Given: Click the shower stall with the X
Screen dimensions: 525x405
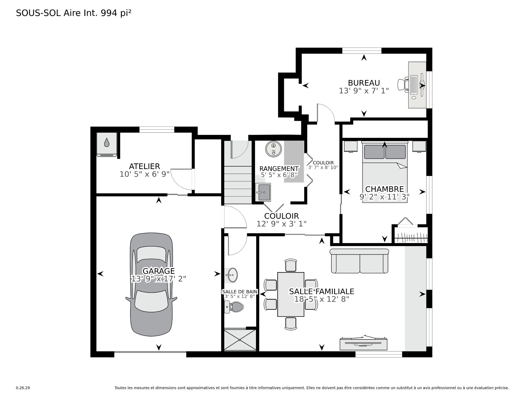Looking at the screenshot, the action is pyautogui.click(x=240, y=340).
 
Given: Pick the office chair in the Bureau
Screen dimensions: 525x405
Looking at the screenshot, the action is pyautogui.click(x=403, y=84).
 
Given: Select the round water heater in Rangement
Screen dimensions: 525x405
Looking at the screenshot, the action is pyautogui.click(x=273, y=149).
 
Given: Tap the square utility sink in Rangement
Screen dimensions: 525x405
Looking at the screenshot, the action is pyautogui.click(x=263, y=192).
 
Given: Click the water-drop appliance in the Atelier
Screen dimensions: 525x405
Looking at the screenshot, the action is pyautogui.click(x=107, y=145).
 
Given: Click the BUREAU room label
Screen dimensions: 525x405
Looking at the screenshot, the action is pyautogui.click(x=364, y=82).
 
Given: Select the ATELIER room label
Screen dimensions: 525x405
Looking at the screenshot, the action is pyautogui.click(x=144, y=166).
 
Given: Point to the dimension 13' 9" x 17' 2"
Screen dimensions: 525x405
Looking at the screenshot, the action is pyautogui.click(x=159, y=279).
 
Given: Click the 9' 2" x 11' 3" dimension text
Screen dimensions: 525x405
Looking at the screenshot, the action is pyautogui.click(x=384, y=197).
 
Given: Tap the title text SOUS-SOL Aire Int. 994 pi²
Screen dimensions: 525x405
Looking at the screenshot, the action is pyautogui.click(x=74, y=13).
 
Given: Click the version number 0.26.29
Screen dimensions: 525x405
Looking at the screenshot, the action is pyautogui.click(x=23, y=388).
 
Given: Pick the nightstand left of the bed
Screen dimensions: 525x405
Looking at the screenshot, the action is pyautogui.click(x=351, y=146).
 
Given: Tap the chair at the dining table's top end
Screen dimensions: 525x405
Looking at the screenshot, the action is pyautogui.click(x=291, y=265).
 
